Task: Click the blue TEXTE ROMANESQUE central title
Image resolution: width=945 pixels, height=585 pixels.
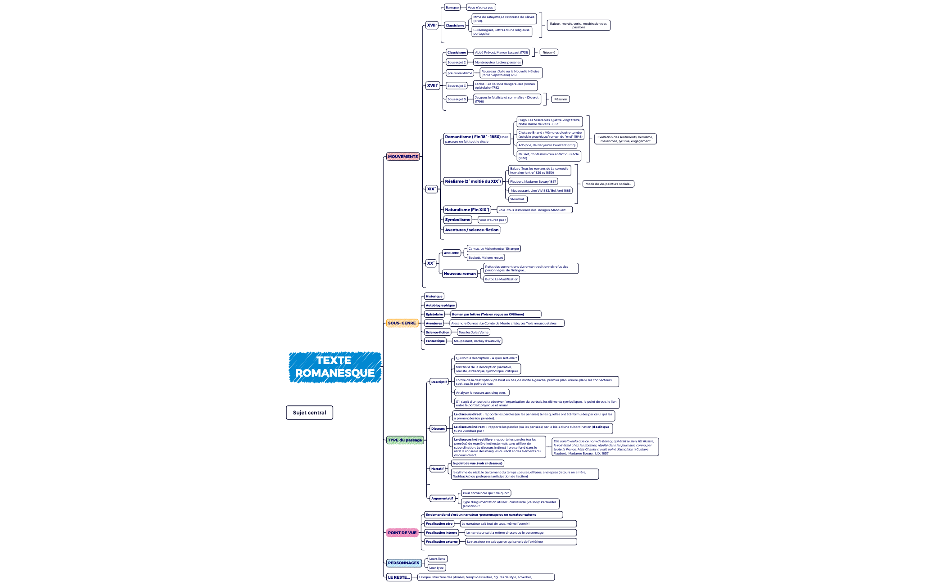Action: tap(335, 367)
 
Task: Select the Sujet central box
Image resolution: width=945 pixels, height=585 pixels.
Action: tap(309, 413)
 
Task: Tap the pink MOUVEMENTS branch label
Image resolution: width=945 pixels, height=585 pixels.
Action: tap(403, 157)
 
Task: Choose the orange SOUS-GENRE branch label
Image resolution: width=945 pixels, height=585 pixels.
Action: tap(402, 323)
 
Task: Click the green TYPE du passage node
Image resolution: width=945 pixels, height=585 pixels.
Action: tap(405, 440)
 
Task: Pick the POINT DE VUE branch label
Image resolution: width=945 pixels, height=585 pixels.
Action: tap(402, 533)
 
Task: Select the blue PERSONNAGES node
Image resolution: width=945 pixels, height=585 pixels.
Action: tap(403, 563)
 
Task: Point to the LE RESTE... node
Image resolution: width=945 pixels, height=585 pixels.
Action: tap(398, 577)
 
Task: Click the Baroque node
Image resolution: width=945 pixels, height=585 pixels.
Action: tap(452, 8)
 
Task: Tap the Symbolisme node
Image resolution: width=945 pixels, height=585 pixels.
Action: tap(457, 220)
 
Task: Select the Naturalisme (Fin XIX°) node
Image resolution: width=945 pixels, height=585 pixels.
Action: tap(467, 210)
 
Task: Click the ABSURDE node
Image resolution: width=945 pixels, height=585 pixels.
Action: tap(452, 253)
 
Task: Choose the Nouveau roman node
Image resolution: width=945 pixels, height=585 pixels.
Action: tap(460, 274)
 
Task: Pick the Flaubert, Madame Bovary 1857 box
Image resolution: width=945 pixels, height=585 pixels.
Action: tap(533, 182)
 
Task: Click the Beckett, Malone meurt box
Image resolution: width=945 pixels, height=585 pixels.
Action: tap(486, 258)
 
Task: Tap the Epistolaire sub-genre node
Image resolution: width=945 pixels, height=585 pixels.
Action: tap(434, 315)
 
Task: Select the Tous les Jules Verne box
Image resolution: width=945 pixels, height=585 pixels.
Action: tap(473, 333)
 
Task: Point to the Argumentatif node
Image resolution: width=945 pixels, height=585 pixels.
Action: tap(442, 499)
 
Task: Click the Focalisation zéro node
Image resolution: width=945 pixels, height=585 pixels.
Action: tap(439, 524)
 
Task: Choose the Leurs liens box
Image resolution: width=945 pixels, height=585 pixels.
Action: tap(437, 559)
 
